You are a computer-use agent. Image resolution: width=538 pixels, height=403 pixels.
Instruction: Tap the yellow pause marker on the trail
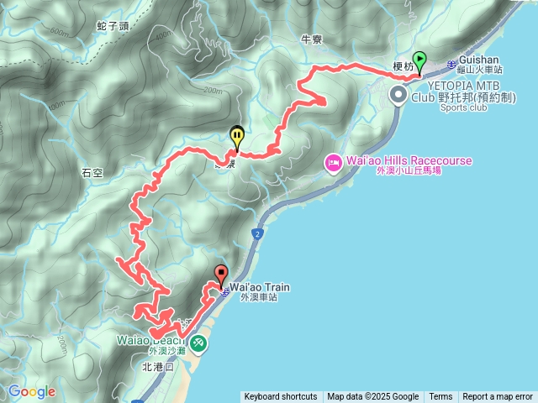tap(238, 136)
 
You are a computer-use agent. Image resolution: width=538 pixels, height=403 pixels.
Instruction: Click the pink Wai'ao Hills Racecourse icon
tap(332, 161)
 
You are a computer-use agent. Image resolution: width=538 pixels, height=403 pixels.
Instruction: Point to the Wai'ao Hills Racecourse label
tap(408, 160)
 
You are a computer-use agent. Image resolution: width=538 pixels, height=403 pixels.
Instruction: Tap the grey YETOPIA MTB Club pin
tap(399, 96)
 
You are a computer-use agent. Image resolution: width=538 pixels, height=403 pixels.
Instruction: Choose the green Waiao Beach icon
tap(198, 343)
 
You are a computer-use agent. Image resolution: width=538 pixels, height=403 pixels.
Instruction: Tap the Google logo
tap(32, 391)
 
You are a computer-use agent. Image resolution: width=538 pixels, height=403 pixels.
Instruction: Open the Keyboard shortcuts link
tap(281, 397)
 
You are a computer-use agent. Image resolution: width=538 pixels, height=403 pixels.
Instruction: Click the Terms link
tap(440, 397)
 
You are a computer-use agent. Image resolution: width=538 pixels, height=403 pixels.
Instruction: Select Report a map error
tap(497, 397)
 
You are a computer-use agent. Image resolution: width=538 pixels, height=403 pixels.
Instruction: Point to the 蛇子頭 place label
tap(113, 25)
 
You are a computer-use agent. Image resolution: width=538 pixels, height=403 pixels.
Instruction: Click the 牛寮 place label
tap(311, 39)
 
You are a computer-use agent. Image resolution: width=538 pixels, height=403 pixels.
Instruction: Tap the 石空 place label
tap(92, 173)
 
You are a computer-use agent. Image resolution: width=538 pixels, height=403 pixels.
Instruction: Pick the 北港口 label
tap(157, 367)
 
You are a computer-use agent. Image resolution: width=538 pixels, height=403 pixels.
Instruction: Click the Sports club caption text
tap(463, 108)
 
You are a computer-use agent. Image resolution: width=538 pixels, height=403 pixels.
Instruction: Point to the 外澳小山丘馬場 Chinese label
tap(408, 170)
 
